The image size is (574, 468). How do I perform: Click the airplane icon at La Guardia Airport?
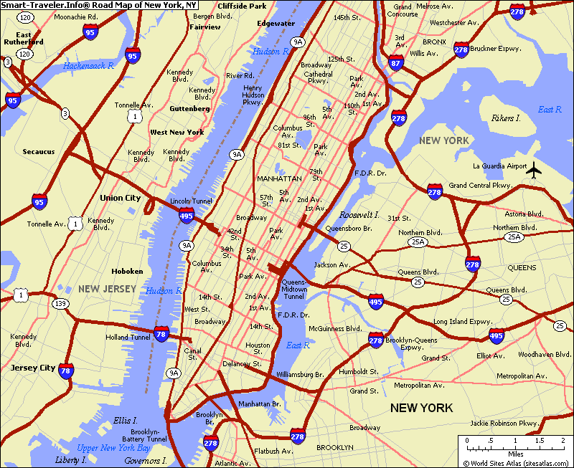[x=534, y=170]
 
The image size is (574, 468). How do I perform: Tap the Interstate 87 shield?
[x=395, y=62]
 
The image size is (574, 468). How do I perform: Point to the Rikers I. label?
[x=506, y=118]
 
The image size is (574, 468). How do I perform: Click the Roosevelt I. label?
[x=359, y=215]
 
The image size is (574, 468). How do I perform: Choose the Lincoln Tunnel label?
[x=191, y=201]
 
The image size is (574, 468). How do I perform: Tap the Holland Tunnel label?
[x=128, y=337]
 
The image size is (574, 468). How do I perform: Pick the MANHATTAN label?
[x=279, y=178]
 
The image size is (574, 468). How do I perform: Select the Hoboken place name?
[x=127, y=272]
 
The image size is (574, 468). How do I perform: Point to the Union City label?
[x=121, y=198]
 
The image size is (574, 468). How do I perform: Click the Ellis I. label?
[x=125, y=420]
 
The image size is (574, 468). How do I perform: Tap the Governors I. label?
[x=145, y=461]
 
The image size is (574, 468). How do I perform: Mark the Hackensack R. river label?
[x=89, y=65]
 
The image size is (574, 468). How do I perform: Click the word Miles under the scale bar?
[x=515, y=454]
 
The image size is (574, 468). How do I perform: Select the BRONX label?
[x=434, y=42]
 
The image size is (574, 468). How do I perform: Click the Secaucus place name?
[x=38, y=152]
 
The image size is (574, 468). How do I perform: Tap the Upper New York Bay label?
[x=113, y=448]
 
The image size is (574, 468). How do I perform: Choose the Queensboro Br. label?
[x=348, y=229]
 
